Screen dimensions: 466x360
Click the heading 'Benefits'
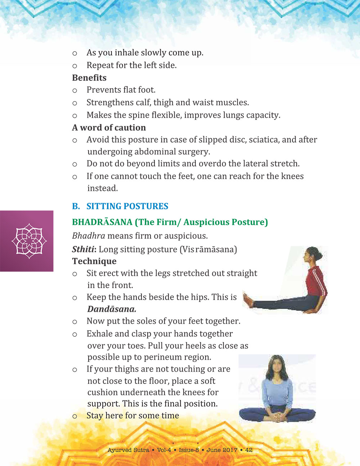click(x=89, y=78)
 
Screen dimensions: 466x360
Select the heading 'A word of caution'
click(x=109, y=127)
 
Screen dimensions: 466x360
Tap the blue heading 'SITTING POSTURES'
click(x=127, y=206)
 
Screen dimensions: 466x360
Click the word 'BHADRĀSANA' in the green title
click(x=102, y=222)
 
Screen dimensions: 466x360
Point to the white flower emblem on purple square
click(x=29, y=241)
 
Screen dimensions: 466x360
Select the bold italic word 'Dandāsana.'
click(x=112, y=309)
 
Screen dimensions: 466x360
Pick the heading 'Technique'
click(x=94, y=261)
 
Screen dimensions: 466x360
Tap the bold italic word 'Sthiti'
click(x=84, y=249)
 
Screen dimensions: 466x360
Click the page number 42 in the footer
click(x=249, y=450)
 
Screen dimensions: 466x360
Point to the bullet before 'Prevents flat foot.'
click(x=75, y=90)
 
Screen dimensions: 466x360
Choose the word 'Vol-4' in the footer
click(x=164, y=450)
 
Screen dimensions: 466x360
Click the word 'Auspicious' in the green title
click(x=206, y=222)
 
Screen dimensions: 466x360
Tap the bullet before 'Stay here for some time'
click(x=75, y=416)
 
